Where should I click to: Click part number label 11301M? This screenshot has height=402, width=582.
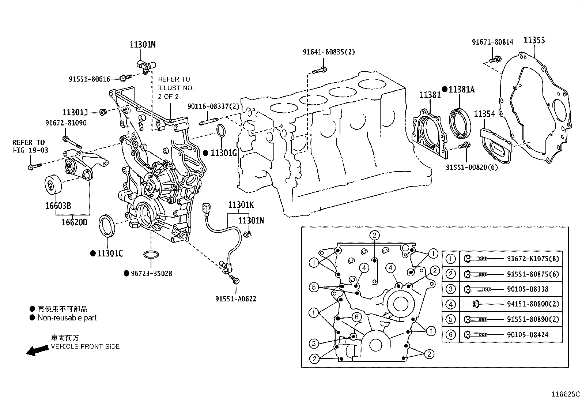click(x=143, y=45)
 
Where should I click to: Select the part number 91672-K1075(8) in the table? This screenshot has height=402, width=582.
click(x=533, y=259)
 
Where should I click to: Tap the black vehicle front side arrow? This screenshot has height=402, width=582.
click(x=37, y=350)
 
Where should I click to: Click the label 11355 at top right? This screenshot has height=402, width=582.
click(x=534, y=40)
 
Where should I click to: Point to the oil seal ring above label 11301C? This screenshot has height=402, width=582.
click(x=108, y=226)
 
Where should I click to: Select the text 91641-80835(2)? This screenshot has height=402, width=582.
click(x=328, y=52)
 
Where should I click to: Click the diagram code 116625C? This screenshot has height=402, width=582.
click(x=566, y=394)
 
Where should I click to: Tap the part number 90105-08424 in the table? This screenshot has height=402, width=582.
click(x=528, y=335)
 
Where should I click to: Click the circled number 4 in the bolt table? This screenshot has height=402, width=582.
click(x=450, y=304)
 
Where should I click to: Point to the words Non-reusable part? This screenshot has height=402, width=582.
click(x=67, y=318)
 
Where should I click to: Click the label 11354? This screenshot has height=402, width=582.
click(x=484, y=114)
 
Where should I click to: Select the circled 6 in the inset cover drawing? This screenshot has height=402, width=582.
click(x=357, y=318)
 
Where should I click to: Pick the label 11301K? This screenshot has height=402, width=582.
click(x=241, y=205)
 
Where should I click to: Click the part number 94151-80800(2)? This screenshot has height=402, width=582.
click(x=533, y=304)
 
